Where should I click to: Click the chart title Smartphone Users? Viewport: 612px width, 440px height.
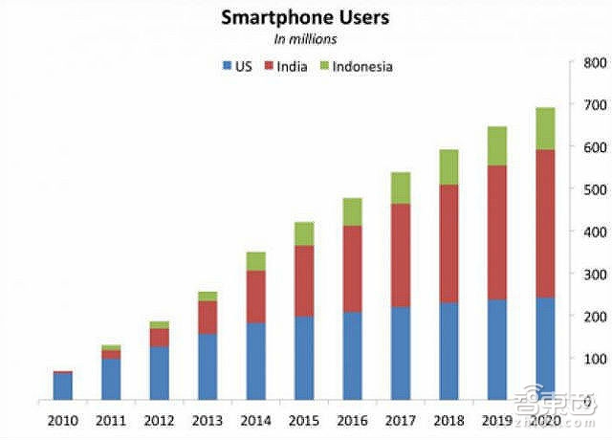[306, 17]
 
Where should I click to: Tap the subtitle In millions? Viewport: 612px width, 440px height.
[306, 39]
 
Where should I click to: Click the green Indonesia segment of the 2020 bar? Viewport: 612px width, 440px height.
[544, 128]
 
